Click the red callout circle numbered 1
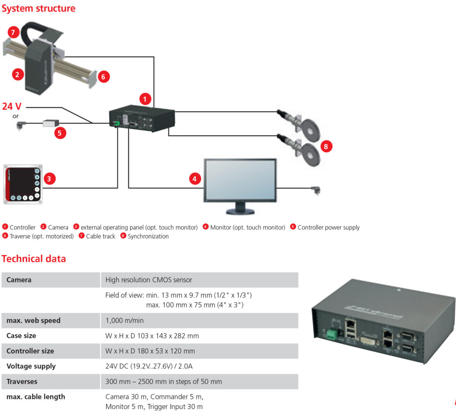click(x=145, y=99)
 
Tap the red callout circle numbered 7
click(x=13, y=32)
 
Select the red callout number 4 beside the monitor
click(x=195, y=179)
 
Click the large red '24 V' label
click(x=12, y=106)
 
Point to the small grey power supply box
click(x=51, y=123)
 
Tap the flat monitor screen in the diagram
click(x=240, y=179)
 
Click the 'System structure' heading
click(x=38, y=8)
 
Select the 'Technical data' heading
click(x=33, y=258)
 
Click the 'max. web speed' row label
click(x=33, y=320)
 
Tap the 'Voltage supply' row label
click(x=31, y=366)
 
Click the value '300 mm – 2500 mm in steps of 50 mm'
click(x=163, y=381)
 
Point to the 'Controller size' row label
click(x=30, y=351)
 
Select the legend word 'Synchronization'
click(x=148, y=236)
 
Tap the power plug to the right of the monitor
click(x=316, y=190)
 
